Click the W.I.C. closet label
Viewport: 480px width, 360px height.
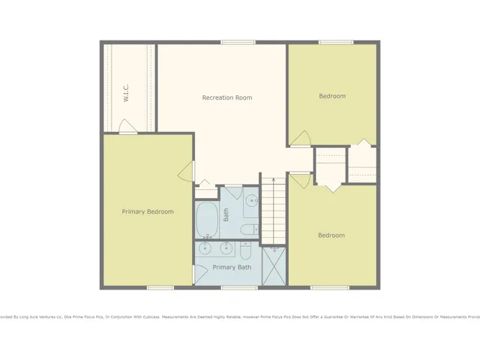(x=127, y=93)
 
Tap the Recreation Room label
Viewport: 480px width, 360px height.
(x=226, y=97)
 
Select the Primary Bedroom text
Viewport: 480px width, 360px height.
(x=148, y=211)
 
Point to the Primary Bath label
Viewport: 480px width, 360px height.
(x=232, y=267)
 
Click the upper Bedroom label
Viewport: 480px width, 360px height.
(x=332, y=96)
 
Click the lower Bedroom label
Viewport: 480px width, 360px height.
(x=331, y=235)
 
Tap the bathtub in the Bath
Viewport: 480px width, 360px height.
(x=206, y=220)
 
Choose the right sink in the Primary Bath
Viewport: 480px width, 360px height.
(x=226, y=247)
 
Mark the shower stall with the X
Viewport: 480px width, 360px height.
(x=273, y=266)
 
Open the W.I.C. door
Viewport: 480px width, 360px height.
(x=128, y=131)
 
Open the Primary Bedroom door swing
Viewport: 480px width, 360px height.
(x=185, y=172)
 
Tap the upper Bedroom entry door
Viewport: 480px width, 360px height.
(x=300, y=139)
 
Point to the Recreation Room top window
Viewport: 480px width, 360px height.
(x=233, y=42)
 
